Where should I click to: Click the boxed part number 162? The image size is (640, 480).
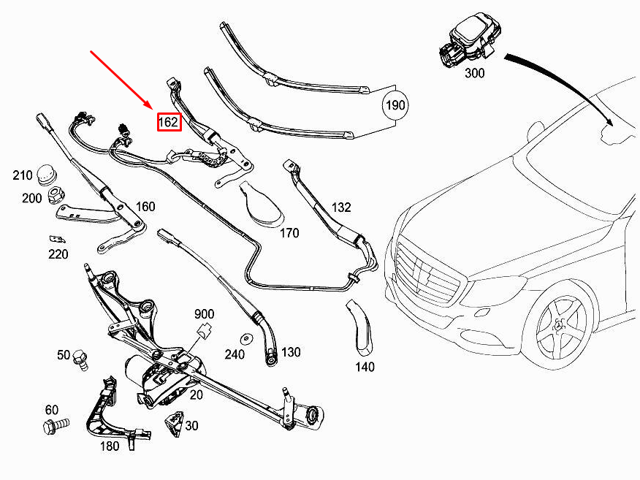click(x=168, y=121)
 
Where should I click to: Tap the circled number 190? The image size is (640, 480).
click(x=395, y=105)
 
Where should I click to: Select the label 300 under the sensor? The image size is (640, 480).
click(x=474, y=73)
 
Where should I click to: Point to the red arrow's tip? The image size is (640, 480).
click(x=152, y=107)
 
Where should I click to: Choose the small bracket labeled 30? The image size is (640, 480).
click(x=175, y=424)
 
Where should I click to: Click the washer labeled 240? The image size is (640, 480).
click(x=247, y=339)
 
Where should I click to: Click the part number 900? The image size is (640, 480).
click(x=204, y=314)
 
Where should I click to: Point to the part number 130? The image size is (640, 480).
click(x=291, y=352)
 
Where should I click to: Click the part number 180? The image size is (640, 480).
click(x=109, y=446)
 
